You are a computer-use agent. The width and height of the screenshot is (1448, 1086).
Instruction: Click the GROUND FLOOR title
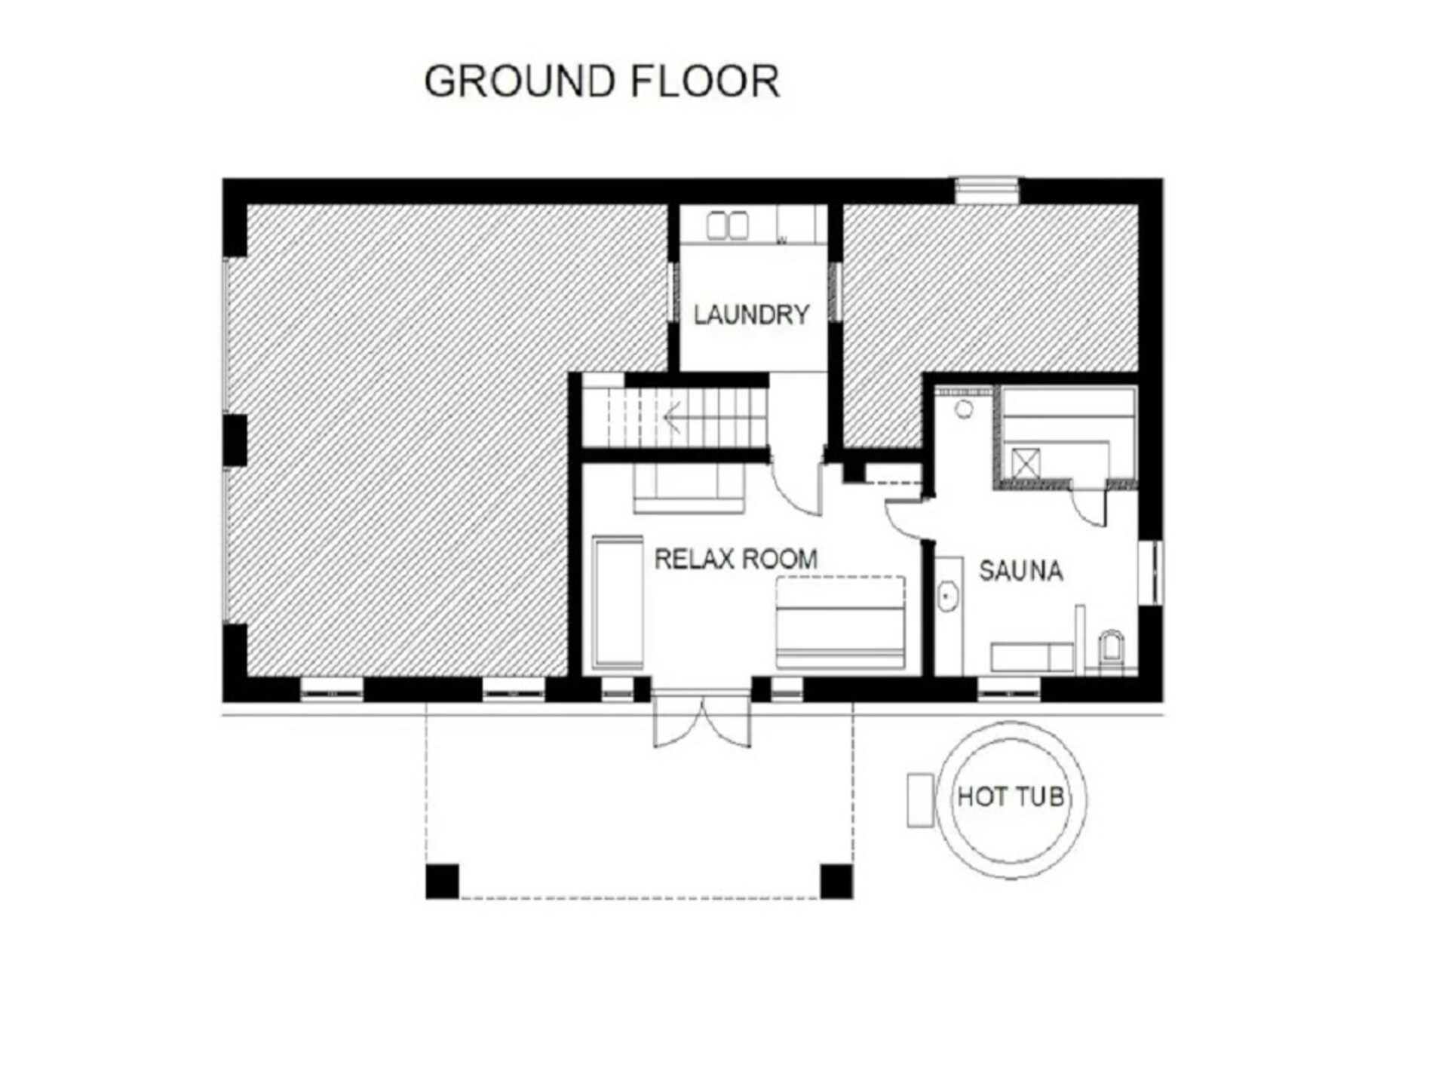coord(602,81)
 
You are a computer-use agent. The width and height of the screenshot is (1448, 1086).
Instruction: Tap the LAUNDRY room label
coord(751,314)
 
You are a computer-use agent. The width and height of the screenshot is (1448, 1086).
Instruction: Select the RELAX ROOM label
coord(736,559)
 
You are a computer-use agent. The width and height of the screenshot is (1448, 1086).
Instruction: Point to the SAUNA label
coord(1021,571)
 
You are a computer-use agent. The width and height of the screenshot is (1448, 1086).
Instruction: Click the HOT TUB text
coord(1011,796)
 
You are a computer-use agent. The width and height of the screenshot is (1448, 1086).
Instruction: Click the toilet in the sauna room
coord(1111,652)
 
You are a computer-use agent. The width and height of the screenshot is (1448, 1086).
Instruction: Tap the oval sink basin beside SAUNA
coord(948,597)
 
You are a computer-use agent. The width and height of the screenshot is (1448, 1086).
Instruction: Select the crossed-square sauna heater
coord(1026,463)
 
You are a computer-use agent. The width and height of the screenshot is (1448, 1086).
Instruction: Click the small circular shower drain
coord(965,410)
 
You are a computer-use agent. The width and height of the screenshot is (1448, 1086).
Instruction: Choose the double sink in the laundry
coord(727,225)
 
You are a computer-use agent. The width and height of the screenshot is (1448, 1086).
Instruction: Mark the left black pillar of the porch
coord(442,882)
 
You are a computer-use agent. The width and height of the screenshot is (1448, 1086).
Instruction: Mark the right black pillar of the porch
coord(836,882)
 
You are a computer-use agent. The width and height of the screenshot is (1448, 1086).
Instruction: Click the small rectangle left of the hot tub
coord(921,800)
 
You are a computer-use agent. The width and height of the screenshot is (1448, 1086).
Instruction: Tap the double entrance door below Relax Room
coord(701,720)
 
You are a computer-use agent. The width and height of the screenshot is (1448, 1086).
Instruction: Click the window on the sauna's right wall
coord(1152,572)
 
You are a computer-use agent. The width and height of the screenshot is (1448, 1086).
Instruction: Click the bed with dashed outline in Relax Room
coord(840,622)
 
